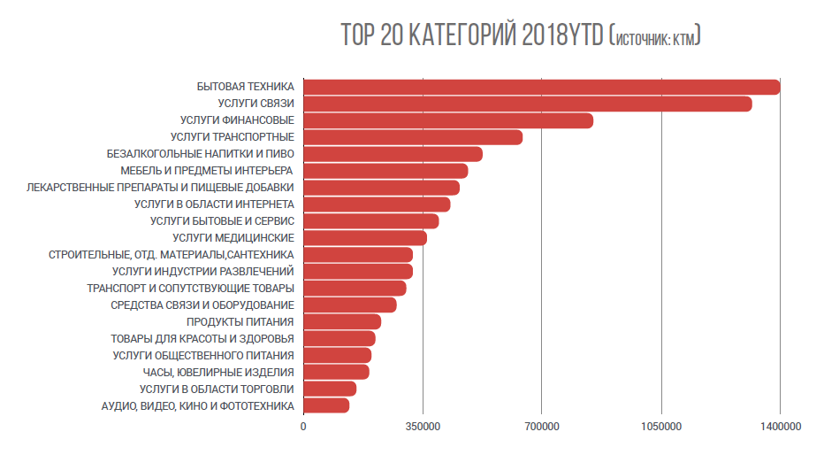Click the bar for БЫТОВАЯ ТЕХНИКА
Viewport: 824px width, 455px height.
(x=541, y=87)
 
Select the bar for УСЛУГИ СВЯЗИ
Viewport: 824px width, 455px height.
(x=527, y=104)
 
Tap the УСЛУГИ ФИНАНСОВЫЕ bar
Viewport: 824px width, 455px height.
(x=447, y=120)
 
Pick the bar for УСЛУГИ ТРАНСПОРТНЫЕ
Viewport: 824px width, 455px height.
(x=412, y=137)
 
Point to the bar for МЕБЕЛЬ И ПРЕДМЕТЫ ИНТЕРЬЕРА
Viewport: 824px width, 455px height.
(x=385, y=171)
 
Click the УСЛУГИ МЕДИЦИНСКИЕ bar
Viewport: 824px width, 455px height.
(x=364, y=237)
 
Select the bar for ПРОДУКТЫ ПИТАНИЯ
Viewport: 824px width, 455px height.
(x=341, y=321)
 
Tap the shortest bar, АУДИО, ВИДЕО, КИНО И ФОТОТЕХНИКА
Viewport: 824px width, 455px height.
(x=325, y=405)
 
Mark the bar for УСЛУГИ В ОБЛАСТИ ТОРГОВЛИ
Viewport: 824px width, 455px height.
(x=329, y=389)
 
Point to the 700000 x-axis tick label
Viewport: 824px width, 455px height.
(x=542, y=428)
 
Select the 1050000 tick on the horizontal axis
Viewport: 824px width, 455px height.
(x=661, y=428)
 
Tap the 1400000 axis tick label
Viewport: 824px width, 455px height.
(x=780, y=428)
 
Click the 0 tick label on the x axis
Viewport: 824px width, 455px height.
(x=304, y=428)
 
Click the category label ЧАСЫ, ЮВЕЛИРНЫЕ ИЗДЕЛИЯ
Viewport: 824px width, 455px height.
(x=218, y=372)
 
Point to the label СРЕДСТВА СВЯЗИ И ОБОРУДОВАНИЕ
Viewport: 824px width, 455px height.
(x=202, y=305)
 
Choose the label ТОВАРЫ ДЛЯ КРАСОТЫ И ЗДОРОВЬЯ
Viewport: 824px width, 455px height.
(x=202, y=338)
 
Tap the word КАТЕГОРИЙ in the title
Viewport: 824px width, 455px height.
(x=462, y=36)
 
